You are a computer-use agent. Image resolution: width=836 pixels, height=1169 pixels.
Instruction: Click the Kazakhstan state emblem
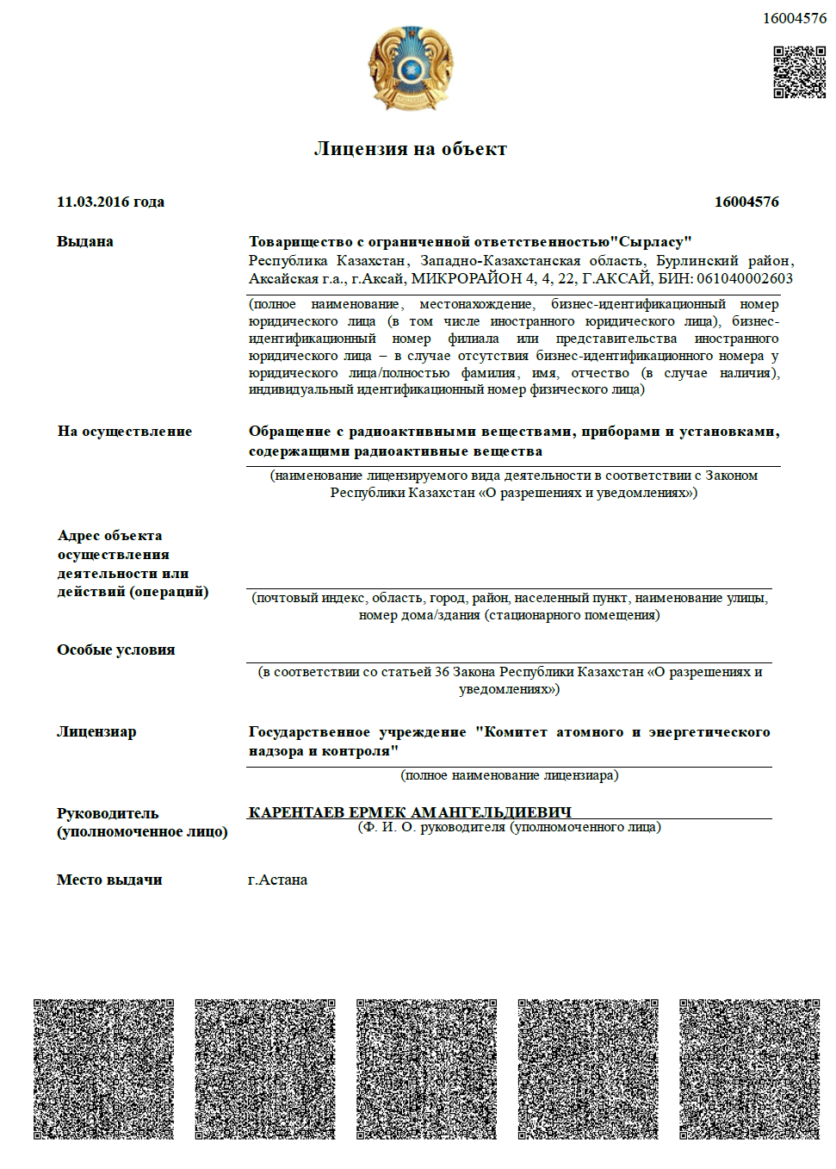coord(411,68)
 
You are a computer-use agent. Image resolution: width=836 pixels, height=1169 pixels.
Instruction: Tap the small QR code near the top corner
coord(799,72)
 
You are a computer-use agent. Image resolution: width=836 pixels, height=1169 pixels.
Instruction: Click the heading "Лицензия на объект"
coord(411,149)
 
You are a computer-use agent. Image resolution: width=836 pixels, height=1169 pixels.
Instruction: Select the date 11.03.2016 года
coord(110,202)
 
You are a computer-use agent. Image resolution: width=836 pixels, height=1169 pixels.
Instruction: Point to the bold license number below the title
coord(746,202)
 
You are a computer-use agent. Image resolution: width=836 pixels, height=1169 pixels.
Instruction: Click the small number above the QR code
coord(794,18)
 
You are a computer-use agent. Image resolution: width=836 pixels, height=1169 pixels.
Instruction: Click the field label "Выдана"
coord(85,241)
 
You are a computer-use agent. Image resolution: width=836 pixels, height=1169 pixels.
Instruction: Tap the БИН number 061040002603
coord(745,278)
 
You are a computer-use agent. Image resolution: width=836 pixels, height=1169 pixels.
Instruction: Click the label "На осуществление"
coord(125,431)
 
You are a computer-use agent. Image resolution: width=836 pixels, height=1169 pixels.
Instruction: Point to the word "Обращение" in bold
coord(289,431)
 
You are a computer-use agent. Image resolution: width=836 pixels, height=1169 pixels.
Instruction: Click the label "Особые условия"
coord(116,650)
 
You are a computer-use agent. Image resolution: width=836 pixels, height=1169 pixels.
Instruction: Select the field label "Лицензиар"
coord(96,731)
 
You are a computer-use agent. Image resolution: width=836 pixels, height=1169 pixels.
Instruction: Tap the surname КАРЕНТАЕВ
coord(296,812)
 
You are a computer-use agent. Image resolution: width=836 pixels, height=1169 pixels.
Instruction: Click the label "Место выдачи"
coord(109,880)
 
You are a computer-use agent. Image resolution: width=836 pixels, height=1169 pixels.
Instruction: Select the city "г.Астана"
coord(277,880)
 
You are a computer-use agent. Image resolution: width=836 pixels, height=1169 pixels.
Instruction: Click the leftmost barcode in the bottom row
coord(103,1069)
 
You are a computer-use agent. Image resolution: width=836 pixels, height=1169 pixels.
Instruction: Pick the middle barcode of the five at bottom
coord(426,1069)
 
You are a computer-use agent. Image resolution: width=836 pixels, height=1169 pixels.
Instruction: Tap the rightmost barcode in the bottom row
coord(749,1069)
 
